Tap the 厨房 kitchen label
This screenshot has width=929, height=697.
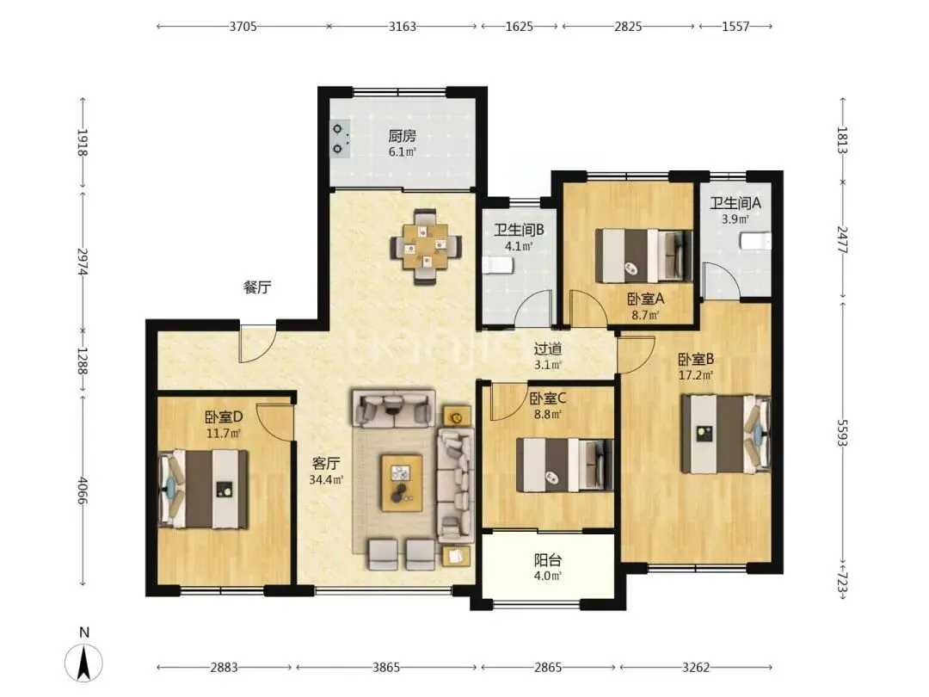point(403,136)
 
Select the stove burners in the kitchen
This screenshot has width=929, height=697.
point(339,138)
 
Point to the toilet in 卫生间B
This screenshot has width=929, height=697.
point(494,265)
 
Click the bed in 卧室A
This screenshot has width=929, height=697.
point(643,256)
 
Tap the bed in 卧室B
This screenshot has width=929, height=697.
point(726,434)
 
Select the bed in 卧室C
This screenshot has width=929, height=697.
point(564,465)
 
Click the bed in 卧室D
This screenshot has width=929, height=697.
point(203,489)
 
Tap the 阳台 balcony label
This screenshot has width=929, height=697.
point(547,560)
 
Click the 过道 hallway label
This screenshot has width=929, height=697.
point(547,349)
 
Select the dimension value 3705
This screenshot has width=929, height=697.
point(243,26)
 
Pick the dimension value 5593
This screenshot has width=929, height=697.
point(842,433)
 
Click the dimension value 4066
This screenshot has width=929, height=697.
point(83,490)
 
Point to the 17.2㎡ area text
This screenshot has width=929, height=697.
point(696,374)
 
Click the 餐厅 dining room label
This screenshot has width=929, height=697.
point(257,287)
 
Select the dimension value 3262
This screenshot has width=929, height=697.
point(696,668)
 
